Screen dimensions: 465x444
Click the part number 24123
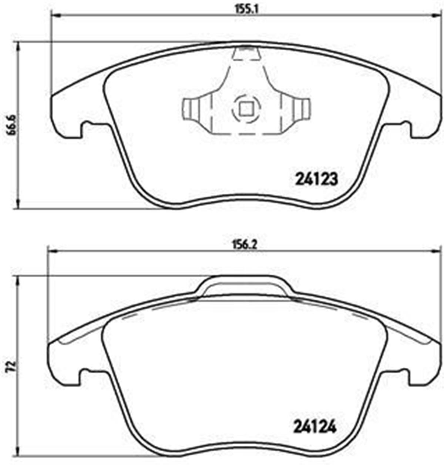pyautogui.click(x=317, y=180)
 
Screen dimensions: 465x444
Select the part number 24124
pyautogui.click(x=315, y=428)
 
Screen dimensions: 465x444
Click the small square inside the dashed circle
pyautogui.click(x=246, y=108)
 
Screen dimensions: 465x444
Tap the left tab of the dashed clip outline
pyautogui.click(x=191, y=109)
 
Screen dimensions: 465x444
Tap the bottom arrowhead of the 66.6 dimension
pyautogui.click(x=17, y=205)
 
